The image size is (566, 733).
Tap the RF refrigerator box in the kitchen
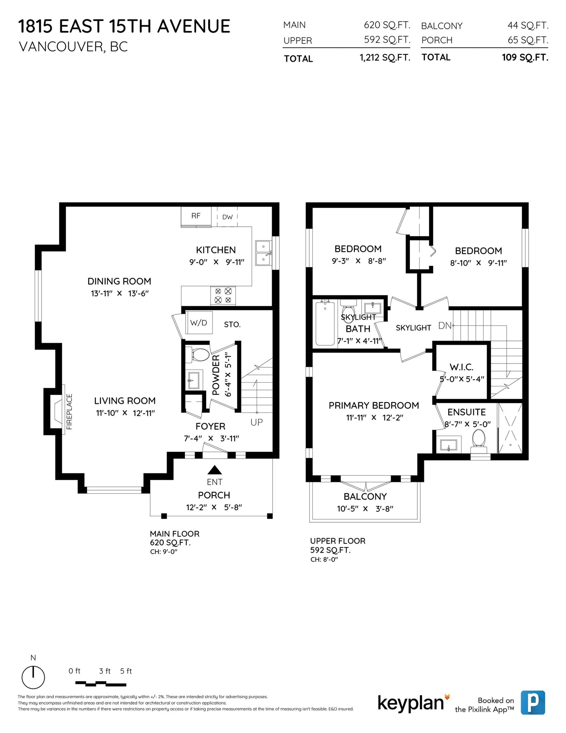click(x=196, y=216)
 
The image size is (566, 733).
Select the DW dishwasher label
click(x=227, y=217)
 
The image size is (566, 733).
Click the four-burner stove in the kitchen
click(x=223, y=296)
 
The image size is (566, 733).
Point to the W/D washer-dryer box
click(x=199, y=323)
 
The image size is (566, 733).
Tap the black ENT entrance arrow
click(x=215, y=470)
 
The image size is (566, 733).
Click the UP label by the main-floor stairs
click(x=257, y=422)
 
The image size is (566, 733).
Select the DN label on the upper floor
click(x=445, y=326)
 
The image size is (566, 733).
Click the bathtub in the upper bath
click(x=325, y=324)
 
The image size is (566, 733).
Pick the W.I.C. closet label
click(x=461, y=367)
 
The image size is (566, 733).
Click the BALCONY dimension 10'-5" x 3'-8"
click(x=365, y=509)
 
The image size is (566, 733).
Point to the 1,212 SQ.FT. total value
click(x=385, y=58)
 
